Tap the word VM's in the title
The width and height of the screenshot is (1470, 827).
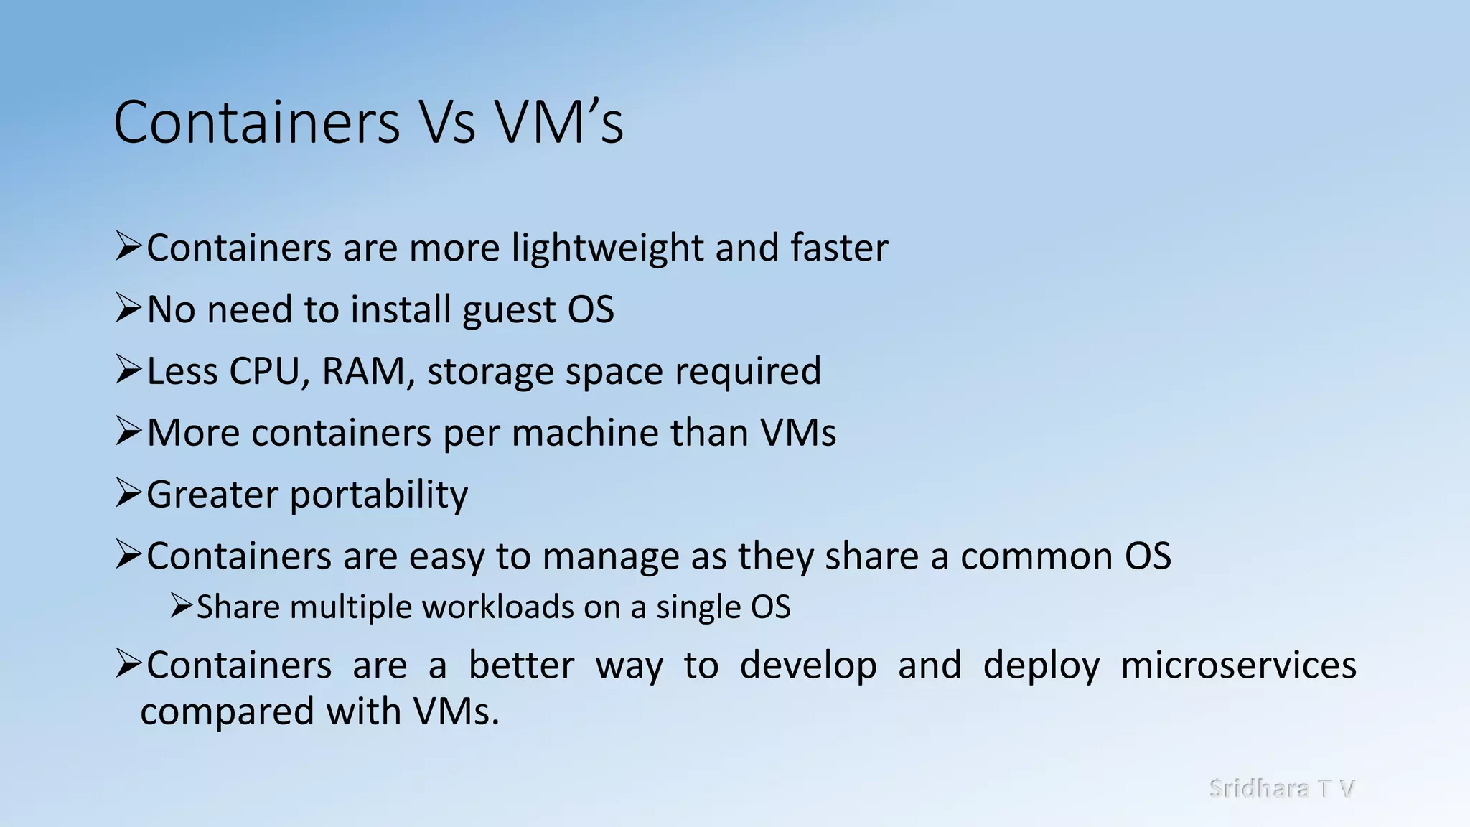click(x=560, y=122)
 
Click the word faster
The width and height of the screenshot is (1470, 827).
click(x=839, y=248)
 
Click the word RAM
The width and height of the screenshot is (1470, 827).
click(x=363, y=372)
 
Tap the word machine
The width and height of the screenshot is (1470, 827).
click(x=584, y=433)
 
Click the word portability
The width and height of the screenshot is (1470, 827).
click(x=378, y=495)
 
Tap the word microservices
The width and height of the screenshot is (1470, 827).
click(x=1238, y=665)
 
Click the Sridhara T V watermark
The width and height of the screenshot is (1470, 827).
click(x=1281, y=788)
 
